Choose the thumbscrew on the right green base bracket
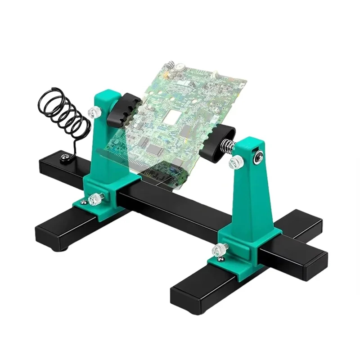221,248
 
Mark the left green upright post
106,144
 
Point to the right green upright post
252,193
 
